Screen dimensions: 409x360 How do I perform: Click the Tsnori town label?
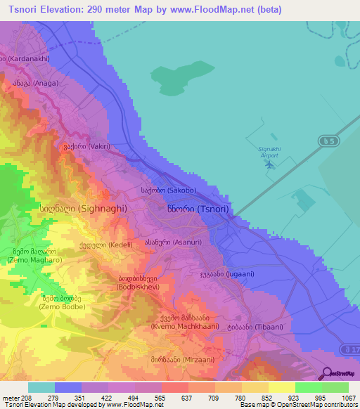point(198,209)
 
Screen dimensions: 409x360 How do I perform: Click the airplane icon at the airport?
point(270,164)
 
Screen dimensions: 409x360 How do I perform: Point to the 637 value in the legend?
point(173,398)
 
